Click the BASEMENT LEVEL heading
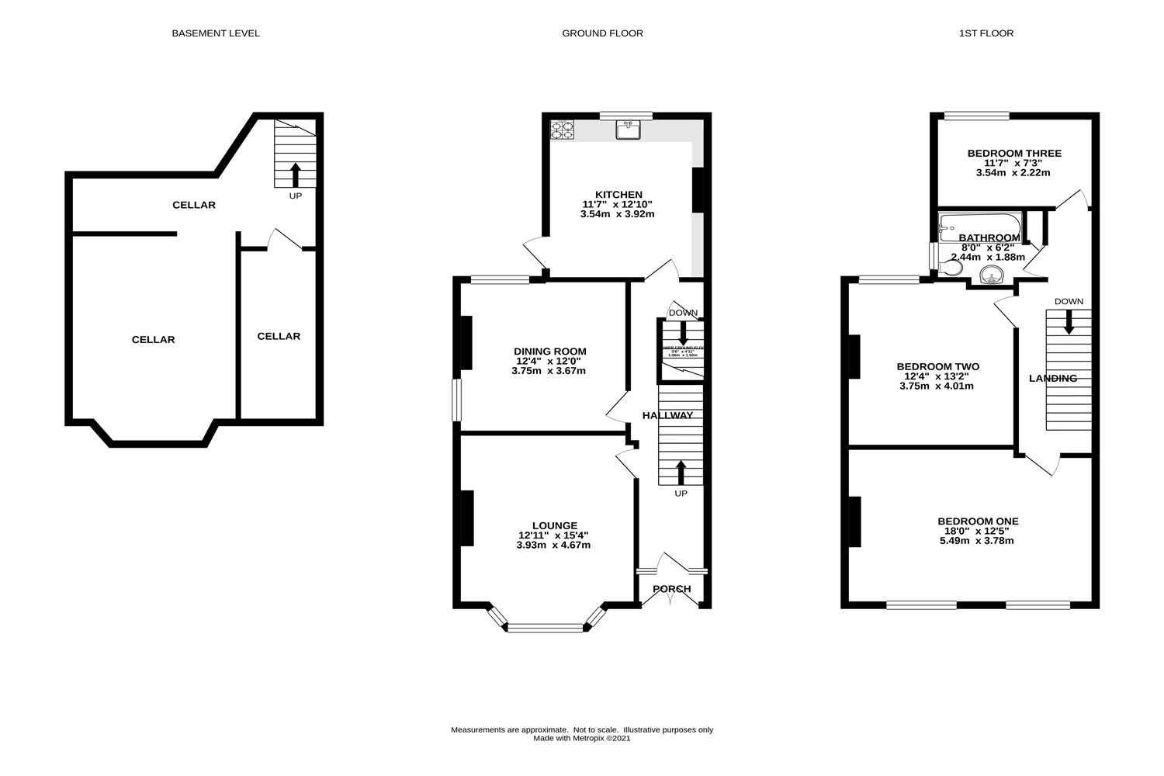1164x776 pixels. tap(216, 33)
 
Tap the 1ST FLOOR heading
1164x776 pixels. tap(986, 33)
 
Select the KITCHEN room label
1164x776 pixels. tap(618, 195)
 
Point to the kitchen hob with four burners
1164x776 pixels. tap(563, 130)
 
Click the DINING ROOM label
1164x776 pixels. tap(551, 352)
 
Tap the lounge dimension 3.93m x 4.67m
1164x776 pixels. tap(553, 545)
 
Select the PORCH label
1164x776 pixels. tap(672, 589)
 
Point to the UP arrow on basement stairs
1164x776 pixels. tap(295, 175)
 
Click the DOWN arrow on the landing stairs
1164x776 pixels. tap(1069, 321)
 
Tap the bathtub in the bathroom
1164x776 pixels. tap(970, 226)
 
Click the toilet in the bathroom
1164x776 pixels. tap(950, 268)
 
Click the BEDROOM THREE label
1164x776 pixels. tap(1013, 154)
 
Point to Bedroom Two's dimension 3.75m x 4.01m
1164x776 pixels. tap(937, 386)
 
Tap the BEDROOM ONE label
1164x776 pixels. tap(978, 521)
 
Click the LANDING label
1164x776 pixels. tap(1053, 379)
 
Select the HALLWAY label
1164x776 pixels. tap(667, 416)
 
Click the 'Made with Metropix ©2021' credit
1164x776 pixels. tap(582, 739)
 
